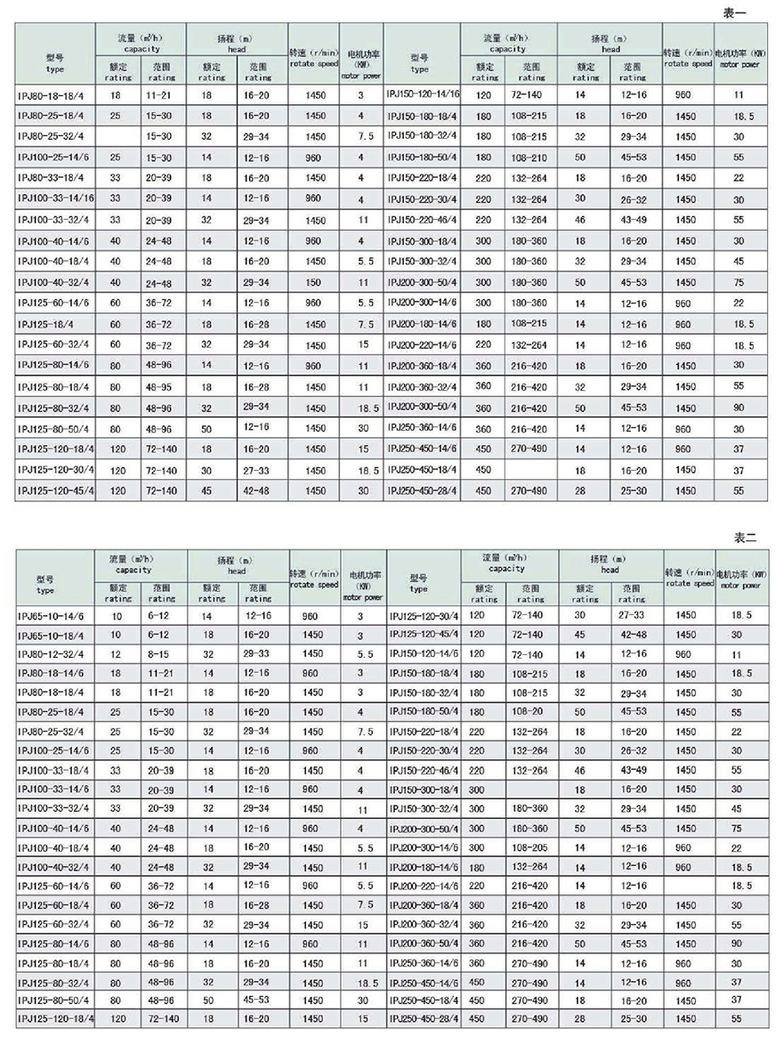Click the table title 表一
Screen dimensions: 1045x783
[743, 12]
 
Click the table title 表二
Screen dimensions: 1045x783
[743, 538]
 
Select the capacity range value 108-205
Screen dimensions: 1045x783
[529, 847]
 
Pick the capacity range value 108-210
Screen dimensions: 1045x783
[529, 156]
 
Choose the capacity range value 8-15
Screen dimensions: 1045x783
[160, 654]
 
